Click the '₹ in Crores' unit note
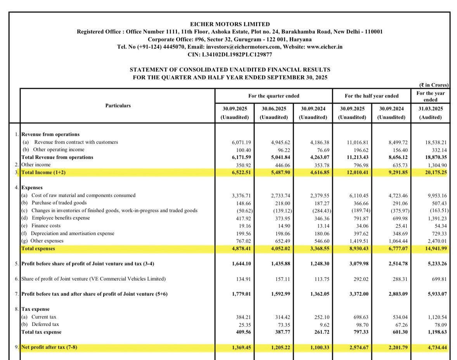click(433, 85)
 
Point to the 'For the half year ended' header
click(371, 96)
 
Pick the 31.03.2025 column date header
click(430, 109)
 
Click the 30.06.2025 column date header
click(274, 109)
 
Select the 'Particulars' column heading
click(118, 106)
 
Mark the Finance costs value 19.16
click(242, 226)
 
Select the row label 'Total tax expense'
click(42, 332)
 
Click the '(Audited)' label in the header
click(430, 117)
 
